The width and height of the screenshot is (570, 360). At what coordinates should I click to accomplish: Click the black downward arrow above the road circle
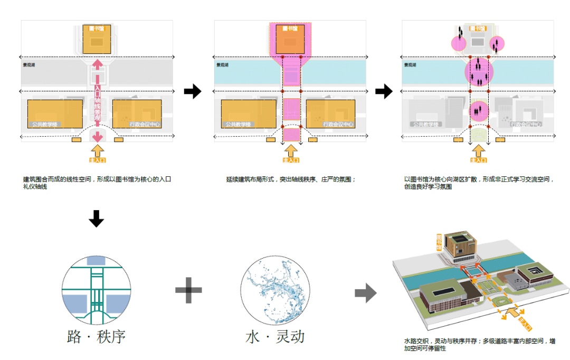[96, 218]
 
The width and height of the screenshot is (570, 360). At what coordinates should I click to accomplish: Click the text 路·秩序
[96, 337]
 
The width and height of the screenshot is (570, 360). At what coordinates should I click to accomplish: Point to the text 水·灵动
[275, 337]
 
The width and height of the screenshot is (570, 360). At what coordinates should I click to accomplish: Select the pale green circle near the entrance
[479, 135]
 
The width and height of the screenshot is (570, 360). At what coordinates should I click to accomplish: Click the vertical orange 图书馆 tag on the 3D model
[439, 242]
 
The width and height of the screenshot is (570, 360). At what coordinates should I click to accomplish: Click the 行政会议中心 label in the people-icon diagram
[526, 125]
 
